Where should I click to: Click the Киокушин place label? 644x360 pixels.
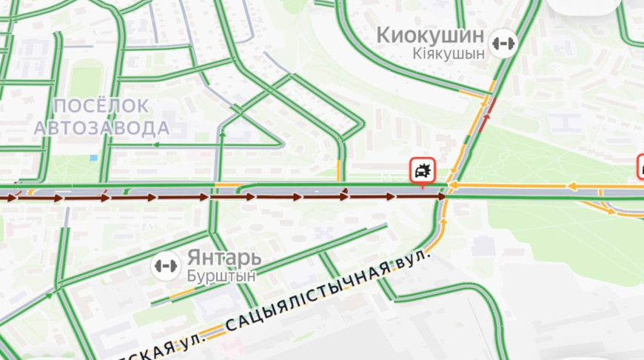click(x=430, y=35)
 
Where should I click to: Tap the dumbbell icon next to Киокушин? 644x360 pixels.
click(x=503, y=42)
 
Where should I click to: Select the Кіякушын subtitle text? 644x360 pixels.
click(x=449, y=53)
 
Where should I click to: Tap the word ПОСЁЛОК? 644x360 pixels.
click(x=101, y=106)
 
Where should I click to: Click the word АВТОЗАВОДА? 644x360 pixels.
click(x=101, y=127)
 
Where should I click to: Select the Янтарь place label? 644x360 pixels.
click(x=224, y=258)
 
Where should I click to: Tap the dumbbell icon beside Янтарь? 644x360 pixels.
click(x=166, y=265)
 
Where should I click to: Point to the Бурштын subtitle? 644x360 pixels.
click(x=221, y=276)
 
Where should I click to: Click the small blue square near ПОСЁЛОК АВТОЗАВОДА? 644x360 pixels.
click(x=93, y=158)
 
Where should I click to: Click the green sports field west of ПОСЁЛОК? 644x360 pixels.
click(x=87, y=77)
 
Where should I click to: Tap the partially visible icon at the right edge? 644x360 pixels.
click(x=640, y=167)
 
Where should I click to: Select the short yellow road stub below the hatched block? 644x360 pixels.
click(x=339, y=170)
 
